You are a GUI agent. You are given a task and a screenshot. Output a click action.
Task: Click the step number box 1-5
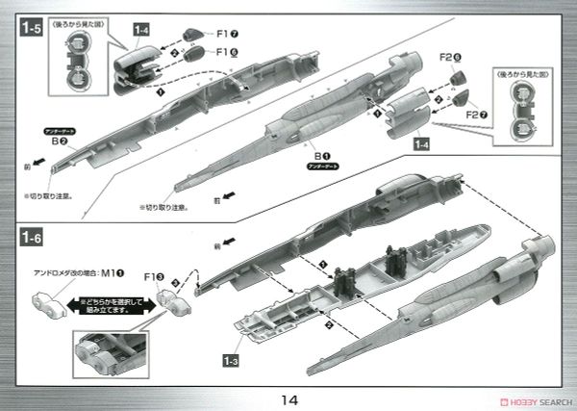(29, 29)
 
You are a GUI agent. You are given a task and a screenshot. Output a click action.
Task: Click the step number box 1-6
(29, 234)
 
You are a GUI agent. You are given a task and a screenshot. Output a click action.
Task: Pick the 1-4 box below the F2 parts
(420, 144)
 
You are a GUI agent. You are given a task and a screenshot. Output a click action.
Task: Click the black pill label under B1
(317, 165)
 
